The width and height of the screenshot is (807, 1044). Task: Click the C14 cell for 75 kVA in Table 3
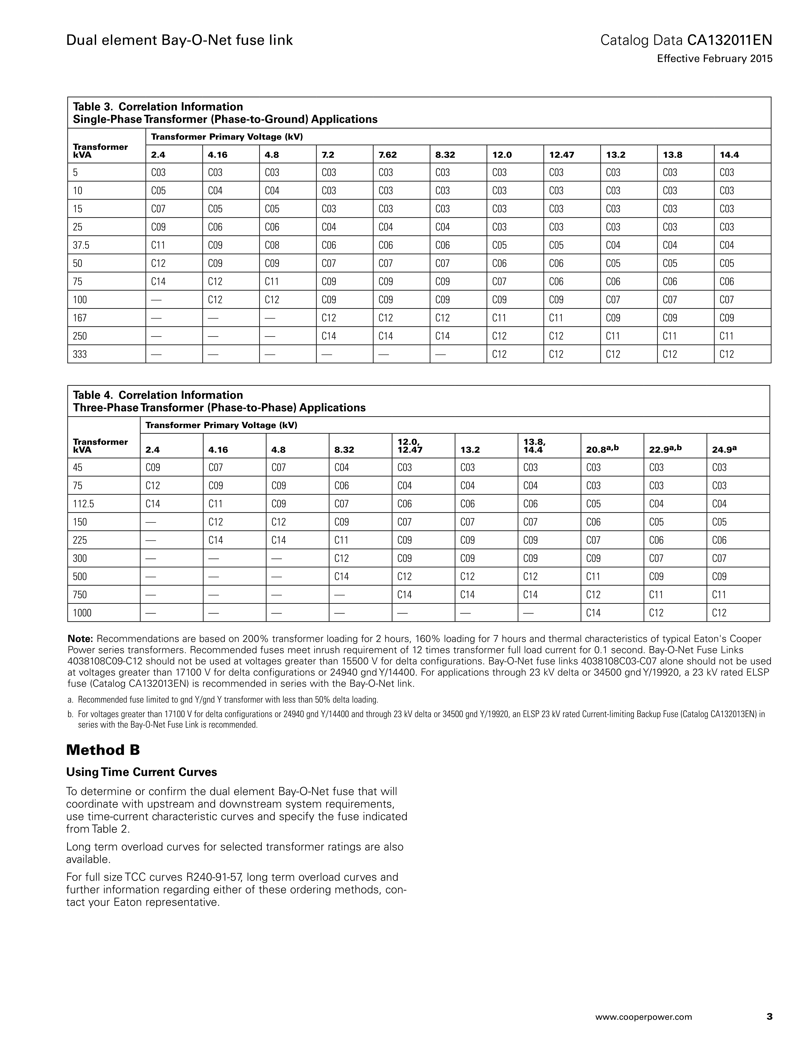click(x=158, y=282)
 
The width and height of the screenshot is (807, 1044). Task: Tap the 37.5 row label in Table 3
click(x=81, y=245)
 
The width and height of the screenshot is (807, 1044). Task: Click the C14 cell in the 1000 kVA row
click(x=593, y=613)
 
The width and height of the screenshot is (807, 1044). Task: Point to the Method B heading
click(x=103, y=750)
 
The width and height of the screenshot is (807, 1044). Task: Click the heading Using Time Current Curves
click(x=142, y=772)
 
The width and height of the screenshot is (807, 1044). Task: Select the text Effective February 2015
click(x=715, y=59)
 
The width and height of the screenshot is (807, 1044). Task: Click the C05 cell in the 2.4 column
click(x=158, y=191)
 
